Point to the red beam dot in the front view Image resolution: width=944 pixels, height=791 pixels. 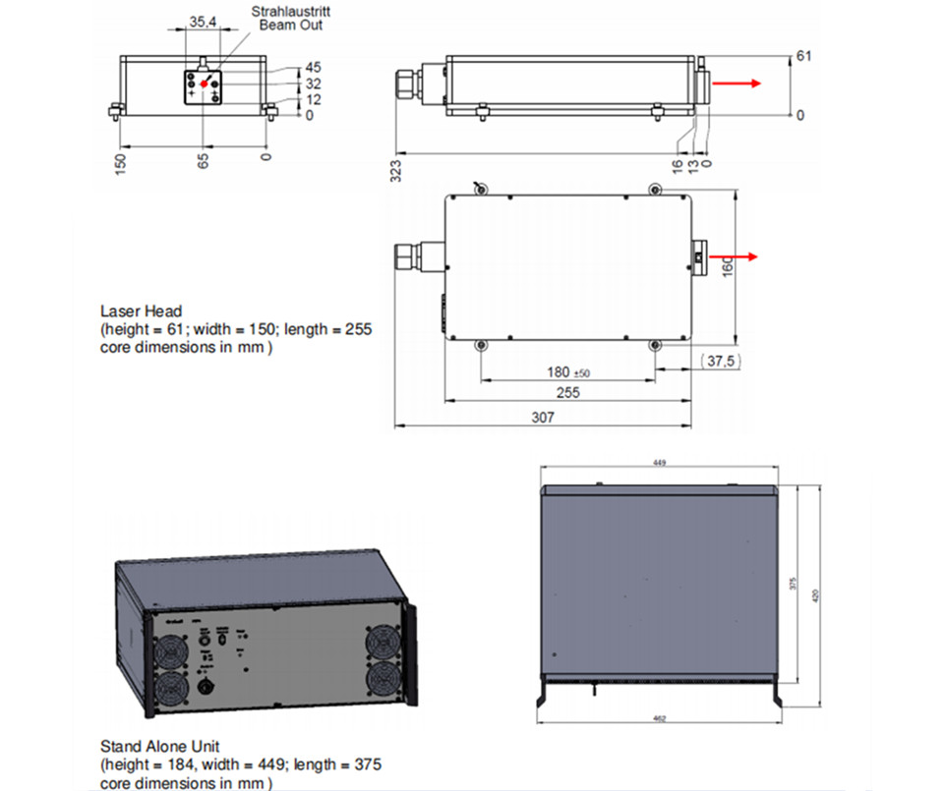tap(205, 85)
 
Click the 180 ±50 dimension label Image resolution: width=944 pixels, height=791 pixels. tap(565, 371)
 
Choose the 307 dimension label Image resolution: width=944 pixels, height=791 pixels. tap(543, 417)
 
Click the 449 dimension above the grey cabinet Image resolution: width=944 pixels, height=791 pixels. tap(658, 463)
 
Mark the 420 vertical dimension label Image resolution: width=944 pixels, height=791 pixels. tap(817, 595)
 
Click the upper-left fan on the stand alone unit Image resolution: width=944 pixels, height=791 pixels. tap(169, 651)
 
